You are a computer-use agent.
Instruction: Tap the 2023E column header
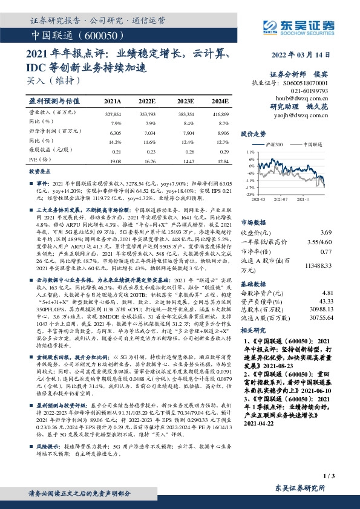(x=185, y=101)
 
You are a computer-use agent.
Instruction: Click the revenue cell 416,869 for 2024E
(x=220, y=114)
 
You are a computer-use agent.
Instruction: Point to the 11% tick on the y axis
(x=249, y=152)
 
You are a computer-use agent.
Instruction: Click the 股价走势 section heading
(x=254, y=133)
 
